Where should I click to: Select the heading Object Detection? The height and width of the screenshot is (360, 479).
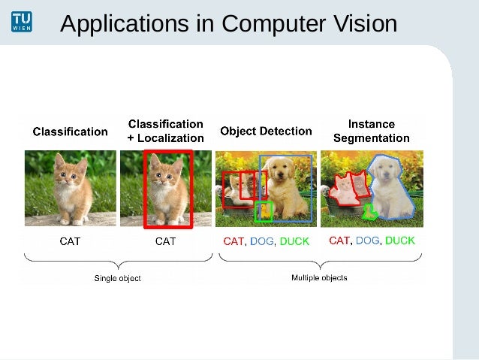click(266, 131)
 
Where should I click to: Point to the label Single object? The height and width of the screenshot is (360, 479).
click(117, 278)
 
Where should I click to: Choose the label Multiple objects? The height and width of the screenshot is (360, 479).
click(319, 277)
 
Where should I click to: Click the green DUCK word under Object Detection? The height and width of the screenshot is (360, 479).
click(294, 241)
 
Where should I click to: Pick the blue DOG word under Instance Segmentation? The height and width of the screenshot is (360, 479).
click(368, 241)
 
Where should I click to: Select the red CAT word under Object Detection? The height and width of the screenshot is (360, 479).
click(233, 241)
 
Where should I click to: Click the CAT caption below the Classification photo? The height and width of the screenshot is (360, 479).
click(70, 241)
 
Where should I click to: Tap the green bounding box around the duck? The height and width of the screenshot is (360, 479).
click(263, 212)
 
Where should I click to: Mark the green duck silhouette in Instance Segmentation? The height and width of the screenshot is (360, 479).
click(369, 213)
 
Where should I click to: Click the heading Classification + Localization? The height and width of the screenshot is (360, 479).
click(165, 131)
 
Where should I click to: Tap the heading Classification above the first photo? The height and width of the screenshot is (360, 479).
click(70, 132)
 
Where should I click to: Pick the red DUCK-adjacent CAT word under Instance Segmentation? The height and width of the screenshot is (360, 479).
click(339, 241)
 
